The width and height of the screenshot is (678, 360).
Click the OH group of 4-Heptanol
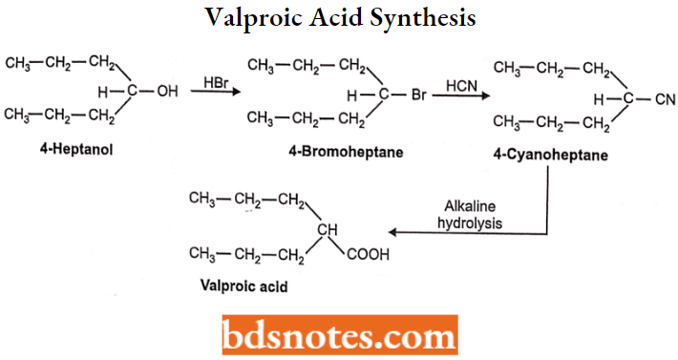click(x=167, y=92)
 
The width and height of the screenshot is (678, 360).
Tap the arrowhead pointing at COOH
click(x=393, y=232)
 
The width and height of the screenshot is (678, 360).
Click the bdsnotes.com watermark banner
click(x=340, y=336)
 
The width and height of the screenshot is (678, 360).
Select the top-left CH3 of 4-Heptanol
click(x=18, y=65)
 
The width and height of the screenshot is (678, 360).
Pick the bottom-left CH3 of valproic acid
click(x=203, y=254)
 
